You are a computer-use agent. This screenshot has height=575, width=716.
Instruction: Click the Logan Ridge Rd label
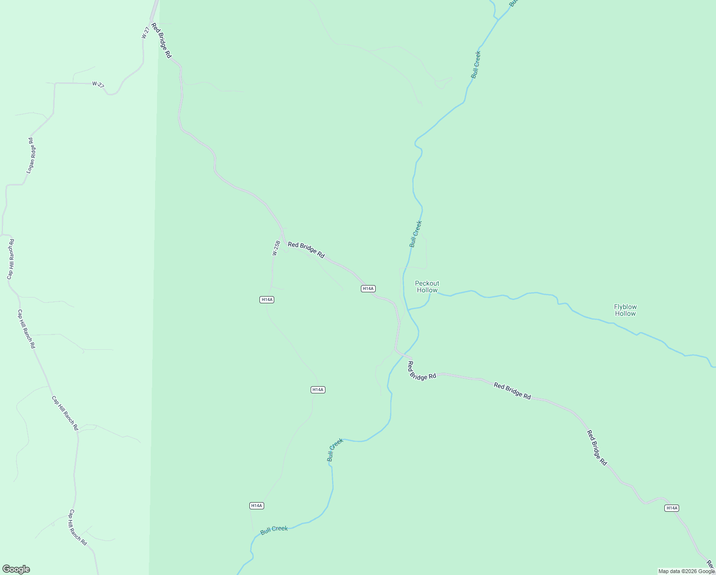(x=31, y=155)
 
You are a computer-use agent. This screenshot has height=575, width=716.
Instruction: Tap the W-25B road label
(x=276, y=248)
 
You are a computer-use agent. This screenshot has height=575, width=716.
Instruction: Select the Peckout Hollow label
(x=427, y=287)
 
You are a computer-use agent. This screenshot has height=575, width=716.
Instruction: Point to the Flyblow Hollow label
(x=625, y=310)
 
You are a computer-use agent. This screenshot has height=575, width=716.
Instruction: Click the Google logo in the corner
(x=16, y=569)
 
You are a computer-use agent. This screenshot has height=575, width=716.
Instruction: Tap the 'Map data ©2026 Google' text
(x=686, y=571)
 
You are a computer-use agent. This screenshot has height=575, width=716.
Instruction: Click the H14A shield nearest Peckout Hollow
(x=368, y=288)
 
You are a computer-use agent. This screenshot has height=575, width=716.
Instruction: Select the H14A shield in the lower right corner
(x=671, y=508)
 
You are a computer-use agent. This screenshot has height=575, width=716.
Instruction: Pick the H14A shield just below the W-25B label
(x=267, y=299)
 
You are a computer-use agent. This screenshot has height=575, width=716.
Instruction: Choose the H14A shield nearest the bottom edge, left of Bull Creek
(x=257, y=506)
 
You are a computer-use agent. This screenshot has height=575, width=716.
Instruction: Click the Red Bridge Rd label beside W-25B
(x=306, y=250)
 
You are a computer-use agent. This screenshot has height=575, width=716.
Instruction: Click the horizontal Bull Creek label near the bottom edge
(x=274, y=529)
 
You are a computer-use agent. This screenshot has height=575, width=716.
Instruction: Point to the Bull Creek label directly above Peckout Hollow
(x=415, y=234)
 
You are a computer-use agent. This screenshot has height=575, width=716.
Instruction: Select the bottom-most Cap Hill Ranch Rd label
(x=77, y=527)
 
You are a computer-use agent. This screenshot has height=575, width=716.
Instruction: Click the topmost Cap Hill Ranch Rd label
(x=10, y=259)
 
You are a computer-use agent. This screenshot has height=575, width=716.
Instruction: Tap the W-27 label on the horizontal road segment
(x=98, y=85)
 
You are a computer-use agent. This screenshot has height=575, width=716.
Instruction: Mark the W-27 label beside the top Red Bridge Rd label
(x=145, y=32)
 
